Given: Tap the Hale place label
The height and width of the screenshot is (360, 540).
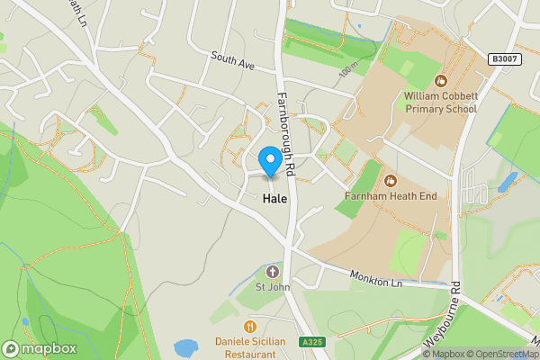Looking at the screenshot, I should pyautogui.click(x=275, y=199).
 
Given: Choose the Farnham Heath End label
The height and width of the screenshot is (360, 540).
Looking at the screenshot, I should pyautogui.click(x=390, y=195).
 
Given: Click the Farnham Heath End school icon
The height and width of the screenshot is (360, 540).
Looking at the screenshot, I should pyautogui.click(x=390, y=176).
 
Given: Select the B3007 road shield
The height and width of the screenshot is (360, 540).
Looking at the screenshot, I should pyautogui.click(x=505, y=58).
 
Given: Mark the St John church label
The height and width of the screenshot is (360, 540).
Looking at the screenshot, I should pyautogui.click(x=272, y=288).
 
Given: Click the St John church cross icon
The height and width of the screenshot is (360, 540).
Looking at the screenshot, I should pyautogui.click(x=273, y=271).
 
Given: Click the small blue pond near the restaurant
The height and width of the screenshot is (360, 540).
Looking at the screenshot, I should pyautogui.click(x=185, y=347).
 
